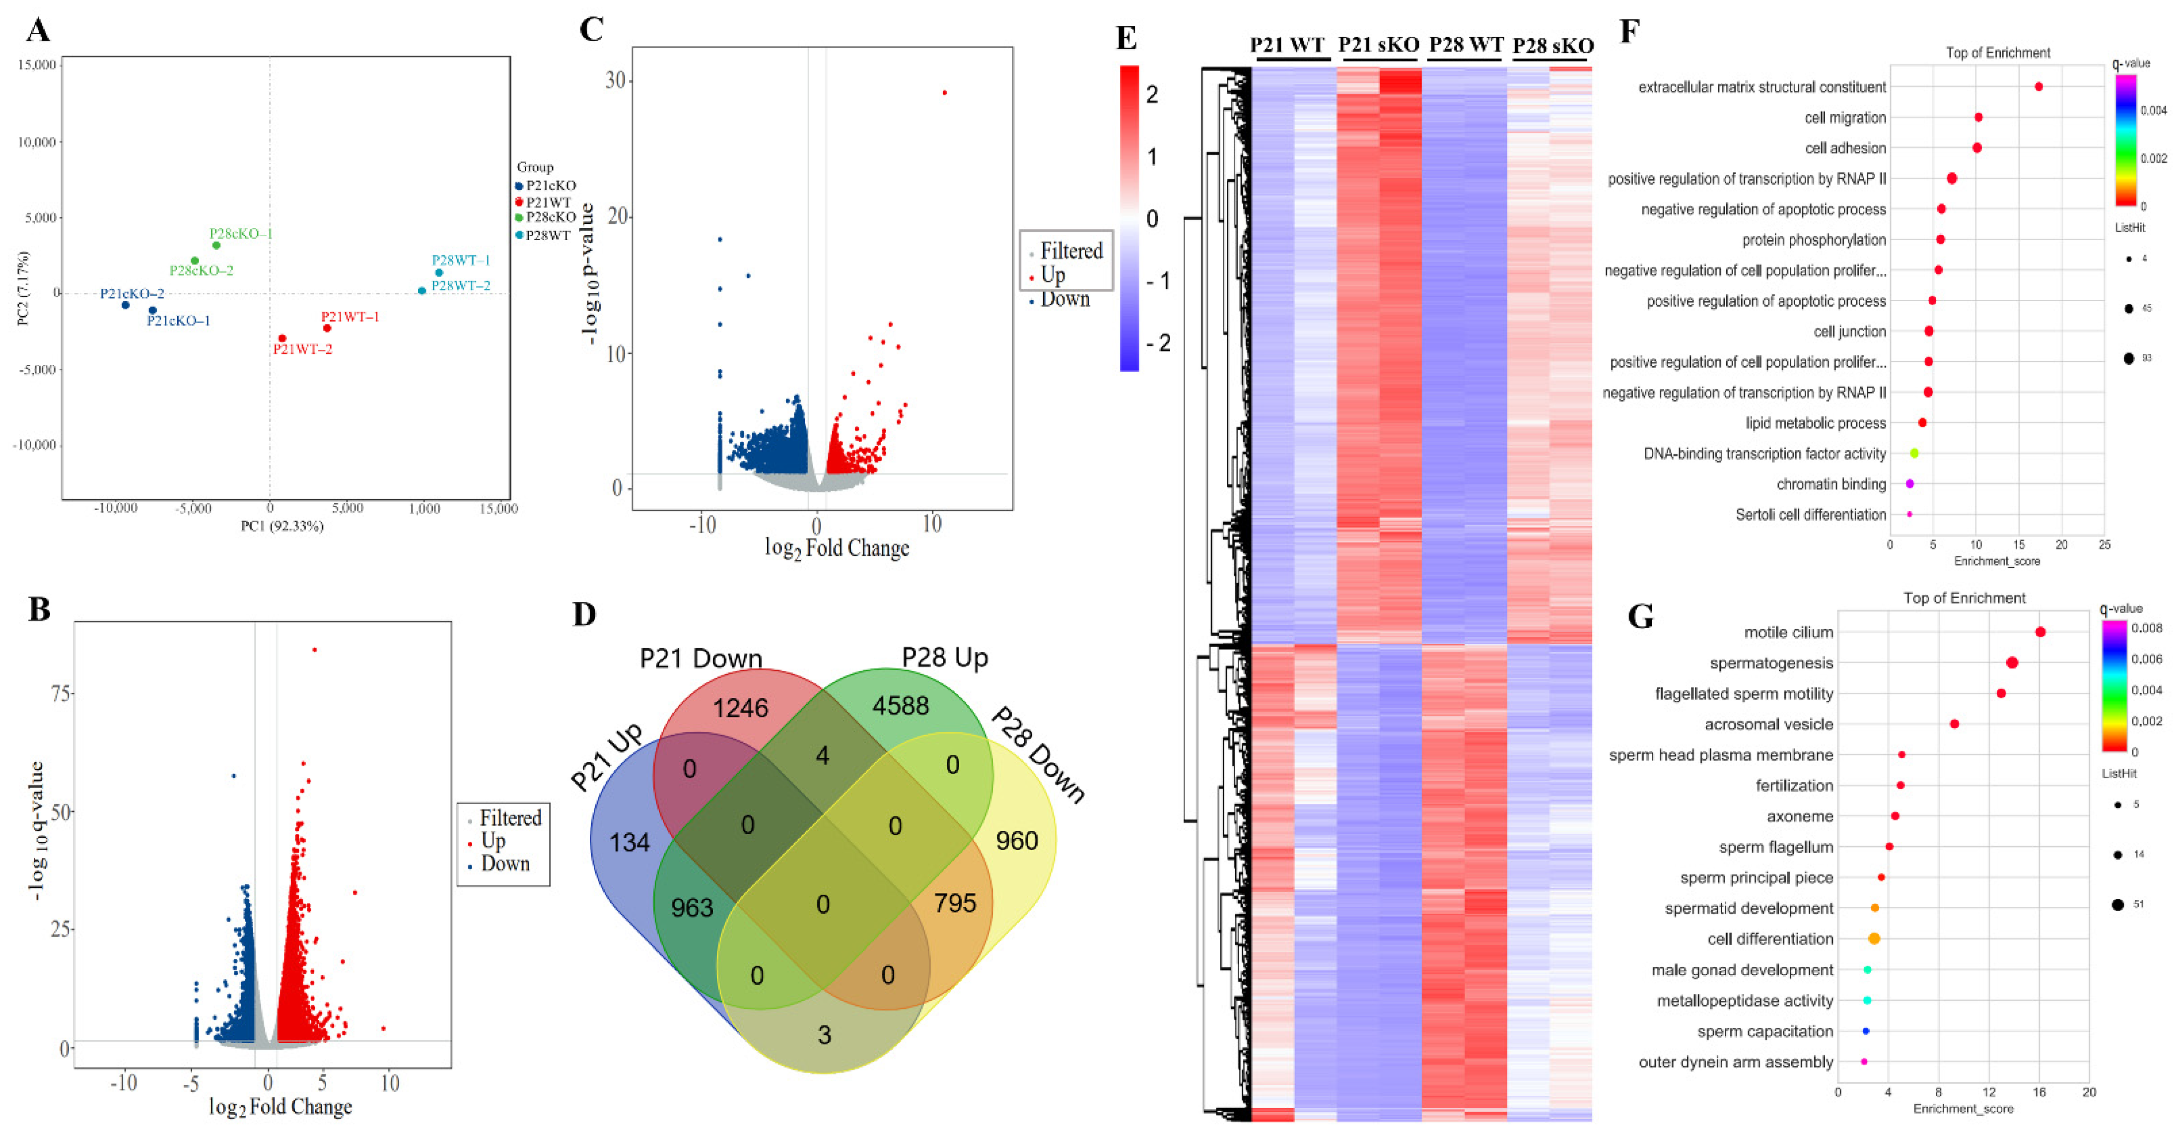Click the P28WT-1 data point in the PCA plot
pyautogui.click(x=438, y=272)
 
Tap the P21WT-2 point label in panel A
pyautogui.click(x=302, y=349)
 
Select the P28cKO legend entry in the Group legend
pyautogui.click(x=550, y=217)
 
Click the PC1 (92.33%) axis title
pyautogui.click(x=282, y=526)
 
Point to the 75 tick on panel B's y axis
pyautogui.click(x=61, y=693)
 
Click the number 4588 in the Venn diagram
pyautogui.click(x=900, y=705)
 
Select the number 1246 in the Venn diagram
pyautogui.click(x=740, y=708)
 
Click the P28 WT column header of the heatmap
pyautogui.click(x=1466, y=45)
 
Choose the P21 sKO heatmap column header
pyautogui.click(x=1378, y=45)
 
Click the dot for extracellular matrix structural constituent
pyautogui.click(x=2039, y=86)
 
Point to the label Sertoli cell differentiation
pyautogui.click(x=1810, y=515)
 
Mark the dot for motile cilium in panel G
pyautogui.click(x=2040, y=632)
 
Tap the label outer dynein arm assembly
pyautogui.click(x=1736, y=1062)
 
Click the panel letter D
pyautogui.click(x=584, y=613)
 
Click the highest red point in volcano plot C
pyautogui.click(x=944, y=92)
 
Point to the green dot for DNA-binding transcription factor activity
pyautogui.click(x=1913, y=454)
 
